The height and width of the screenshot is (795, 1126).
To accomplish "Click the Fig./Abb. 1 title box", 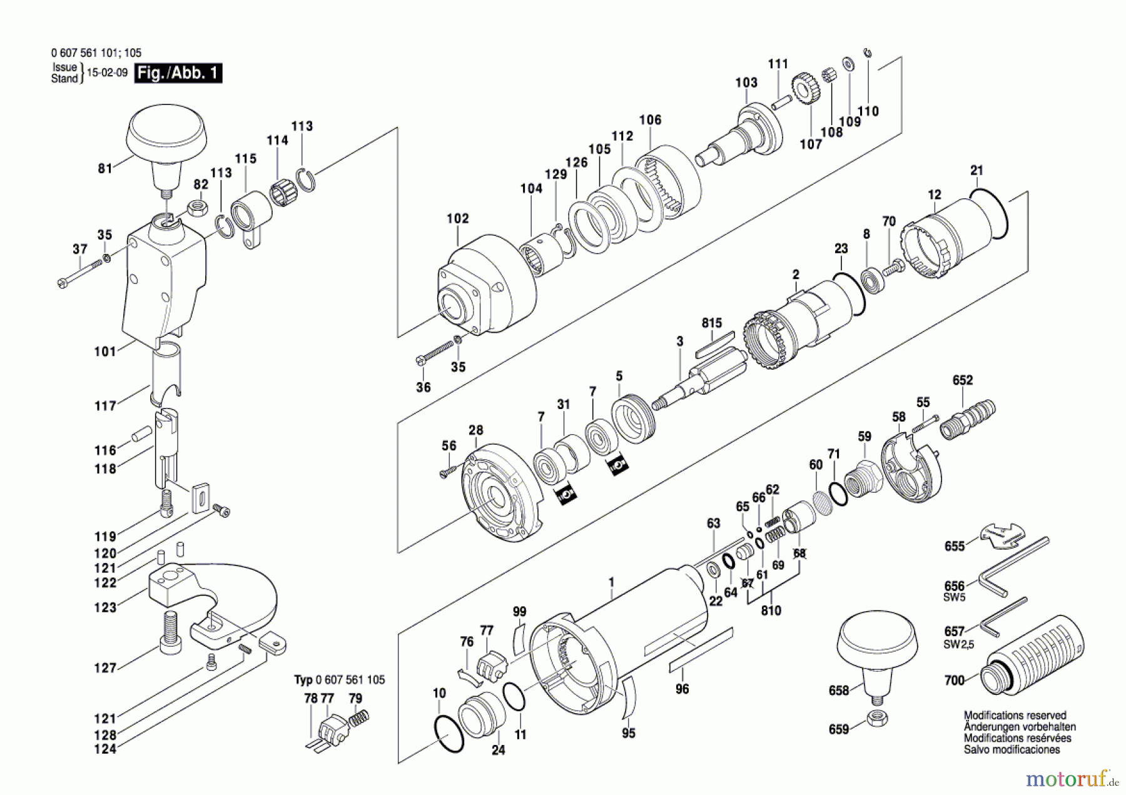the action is tap(178, 73).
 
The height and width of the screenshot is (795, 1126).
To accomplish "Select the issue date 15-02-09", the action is tap(107, 73).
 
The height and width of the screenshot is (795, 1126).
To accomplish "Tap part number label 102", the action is tap(457, 218).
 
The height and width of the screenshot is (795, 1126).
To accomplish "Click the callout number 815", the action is tap(712, 323).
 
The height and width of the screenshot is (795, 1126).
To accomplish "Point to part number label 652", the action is tap(963, 380).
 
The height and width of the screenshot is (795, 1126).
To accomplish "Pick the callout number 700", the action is tap(955, 680).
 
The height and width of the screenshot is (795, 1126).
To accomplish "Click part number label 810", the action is tap(771, 610).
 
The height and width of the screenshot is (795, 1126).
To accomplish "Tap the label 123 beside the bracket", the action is tap(105, 607).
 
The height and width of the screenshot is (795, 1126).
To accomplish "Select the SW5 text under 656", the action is tap(955, 597).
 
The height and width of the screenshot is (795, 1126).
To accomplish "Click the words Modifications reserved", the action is tap(1015, 715).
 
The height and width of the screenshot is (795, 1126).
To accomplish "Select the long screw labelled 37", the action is tap(80, 273).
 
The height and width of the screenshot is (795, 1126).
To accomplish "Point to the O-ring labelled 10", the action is tap(449, 733).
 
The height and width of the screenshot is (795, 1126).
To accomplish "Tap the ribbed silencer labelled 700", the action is tap(1032, 656).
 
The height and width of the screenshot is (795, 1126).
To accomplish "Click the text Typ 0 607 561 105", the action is tap(340, 679).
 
